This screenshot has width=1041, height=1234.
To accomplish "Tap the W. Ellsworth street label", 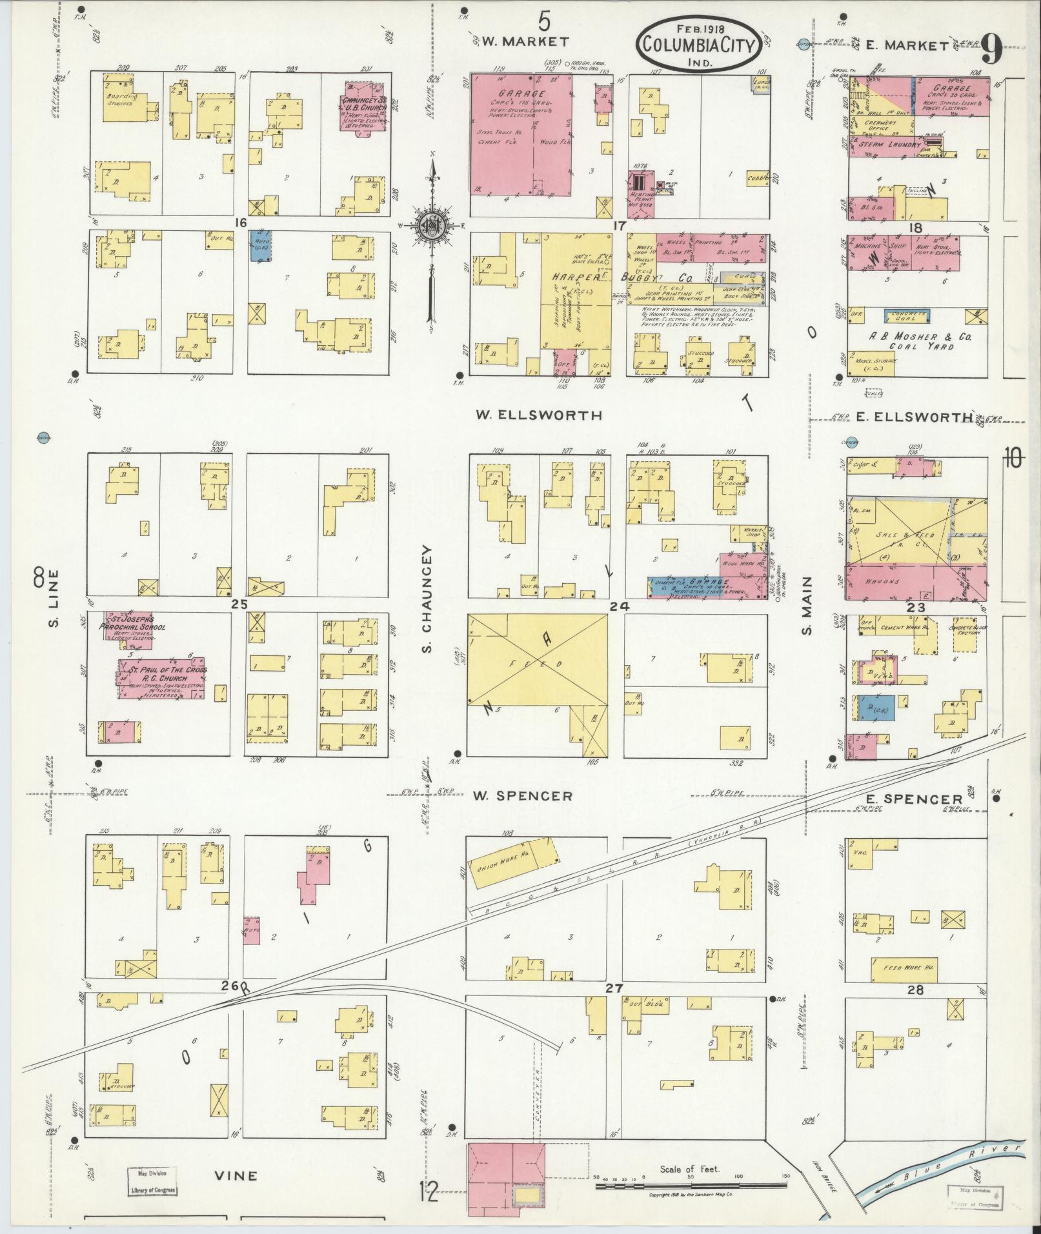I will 539,415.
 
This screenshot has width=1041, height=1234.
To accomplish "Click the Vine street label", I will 236,1175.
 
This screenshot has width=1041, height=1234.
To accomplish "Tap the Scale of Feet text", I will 689,1169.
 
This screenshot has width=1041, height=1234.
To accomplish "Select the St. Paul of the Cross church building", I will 162,678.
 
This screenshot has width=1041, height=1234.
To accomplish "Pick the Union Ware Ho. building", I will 514,866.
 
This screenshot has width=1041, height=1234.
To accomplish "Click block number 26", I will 230,1004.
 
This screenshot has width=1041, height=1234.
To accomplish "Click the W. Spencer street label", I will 522,796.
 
